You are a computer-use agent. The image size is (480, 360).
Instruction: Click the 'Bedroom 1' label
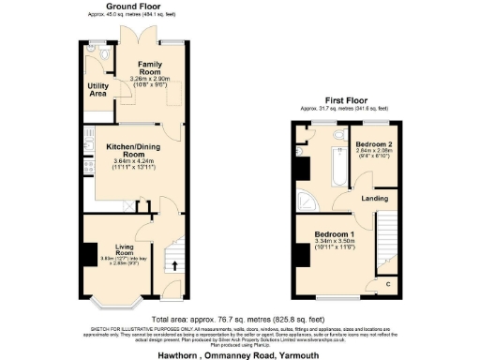point(333,233)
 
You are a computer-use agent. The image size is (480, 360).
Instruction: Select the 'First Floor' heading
point(345,99)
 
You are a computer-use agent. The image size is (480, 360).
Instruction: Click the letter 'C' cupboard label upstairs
point(388,283)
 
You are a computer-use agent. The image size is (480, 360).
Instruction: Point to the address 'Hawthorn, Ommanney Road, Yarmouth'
point(240,349)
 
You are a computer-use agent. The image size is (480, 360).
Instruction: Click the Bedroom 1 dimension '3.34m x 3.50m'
point(333,241)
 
